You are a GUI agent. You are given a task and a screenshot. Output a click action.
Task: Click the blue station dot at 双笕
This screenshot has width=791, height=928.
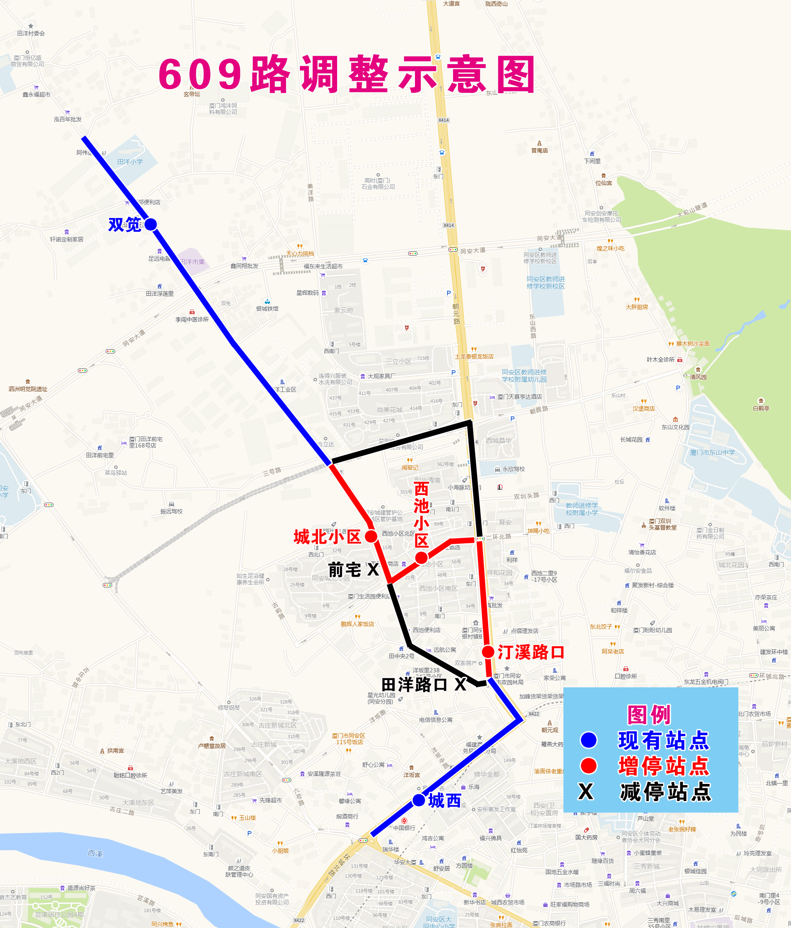coord(151,224)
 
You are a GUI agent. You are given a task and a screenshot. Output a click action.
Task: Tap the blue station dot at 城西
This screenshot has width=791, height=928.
coord(418,800)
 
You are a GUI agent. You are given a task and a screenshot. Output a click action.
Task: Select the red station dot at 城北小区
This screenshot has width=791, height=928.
coord(371,536)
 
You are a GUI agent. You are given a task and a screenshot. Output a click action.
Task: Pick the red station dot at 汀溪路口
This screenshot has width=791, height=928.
coord(488,652)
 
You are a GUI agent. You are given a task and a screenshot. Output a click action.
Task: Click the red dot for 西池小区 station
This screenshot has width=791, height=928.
coord(421,557)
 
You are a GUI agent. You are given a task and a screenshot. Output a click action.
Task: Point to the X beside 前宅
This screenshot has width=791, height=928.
coord(373,570)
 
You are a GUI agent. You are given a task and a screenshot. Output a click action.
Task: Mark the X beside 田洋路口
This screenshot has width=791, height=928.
coord(460,684)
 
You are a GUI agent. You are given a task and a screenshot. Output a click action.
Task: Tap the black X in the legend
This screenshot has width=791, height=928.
coord(586,791)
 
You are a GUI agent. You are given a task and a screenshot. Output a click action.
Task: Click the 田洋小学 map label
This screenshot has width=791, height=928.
coord(130,162)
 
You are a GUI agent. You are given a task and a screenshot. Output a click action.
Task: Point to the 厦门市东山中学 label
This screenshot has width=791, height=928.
coord(712,452)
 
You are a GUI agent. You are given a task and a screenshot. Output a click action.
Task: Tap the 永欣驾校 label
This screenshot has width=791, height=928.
coord(513,469)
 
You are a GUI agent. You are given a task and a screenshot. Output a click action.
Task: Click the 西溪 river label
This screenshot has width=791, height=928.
coord(95,853)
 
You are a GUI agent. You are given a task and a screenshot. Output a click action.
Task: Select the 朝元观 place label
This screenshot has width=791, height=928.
coord(550,730)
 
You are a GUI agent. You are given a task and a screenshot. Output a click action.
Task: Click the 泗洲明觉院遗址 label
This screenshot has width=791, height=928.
coord(28,389)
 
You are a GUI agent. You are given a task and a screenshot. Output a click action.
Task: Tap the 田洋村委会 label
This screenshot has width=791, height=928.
coord(31,33)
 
